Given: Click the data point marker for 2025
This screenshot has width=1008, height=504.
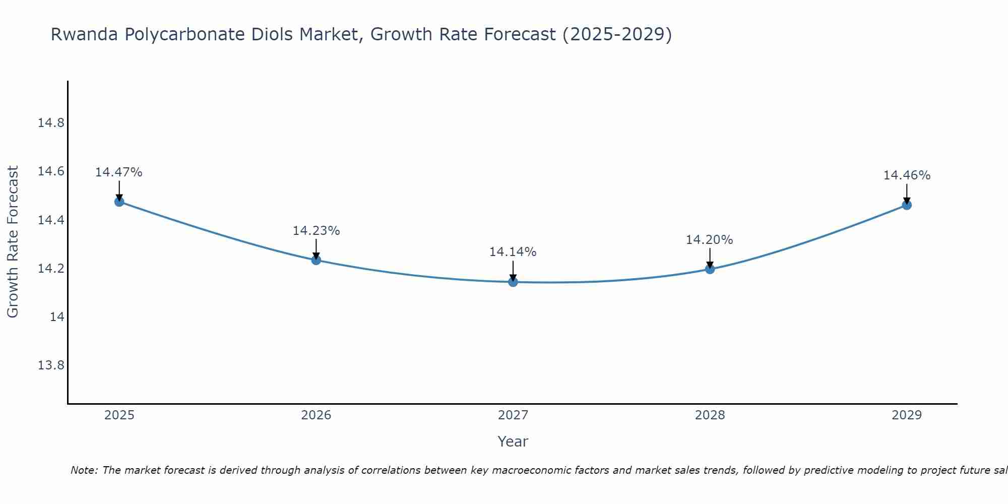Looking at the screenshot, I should [x=119, y=202].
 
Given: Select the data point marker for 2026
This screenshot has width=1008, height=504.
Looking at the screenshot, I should [x=316, y=260].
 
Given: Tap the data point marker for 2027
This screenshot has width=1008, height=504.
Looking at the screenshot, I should [x=513, y=282].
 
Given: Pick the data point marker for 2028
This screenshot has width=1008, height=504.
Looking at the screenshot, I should [x=710, y=269].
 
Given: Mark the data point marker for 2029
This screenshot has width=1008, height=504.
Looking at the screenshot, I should [x=907, y=205].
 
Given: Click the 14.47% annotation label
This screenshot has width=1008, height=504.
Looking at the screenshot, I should [x=119, y=172].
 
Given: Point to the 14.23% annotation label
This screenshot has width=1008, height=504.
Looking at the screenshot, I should [x=316, y=231].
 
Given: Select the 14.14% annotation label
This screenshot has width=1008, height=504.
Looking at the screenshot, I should [x=513, y=252].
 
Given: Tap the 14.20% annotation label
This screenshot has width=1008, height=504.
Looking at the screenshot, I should [x=709, y=240].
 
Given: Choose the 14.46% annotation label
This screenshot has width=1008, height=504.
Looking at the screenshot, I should [x=907, y=175].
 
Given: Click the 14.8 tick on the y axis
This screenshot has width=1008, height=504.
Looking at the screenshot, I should [x=51, y=123].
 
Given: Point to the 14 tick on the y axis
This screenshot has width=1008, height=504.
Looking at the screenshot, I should [x=57, y=317].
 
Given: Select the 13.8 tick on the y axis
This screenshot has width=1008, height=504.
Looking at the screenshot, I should [x=51, y=365].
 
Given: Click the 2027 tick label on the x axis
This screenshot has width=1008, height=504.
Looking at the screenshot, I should [x=513, y=415].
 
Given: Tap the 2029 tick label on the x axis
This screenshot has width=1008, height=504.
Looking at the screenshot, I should [x=907, y=415].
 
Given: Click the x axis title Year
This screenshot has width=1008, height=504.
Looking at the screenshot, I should [x=513, y=442].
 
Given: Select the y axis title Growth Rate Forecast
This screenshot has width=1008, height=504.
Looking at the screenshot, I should [x=13, y=242].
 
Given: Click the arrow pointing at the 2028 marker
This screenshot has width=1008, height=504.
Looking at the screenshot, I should [x=710, y=258].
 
